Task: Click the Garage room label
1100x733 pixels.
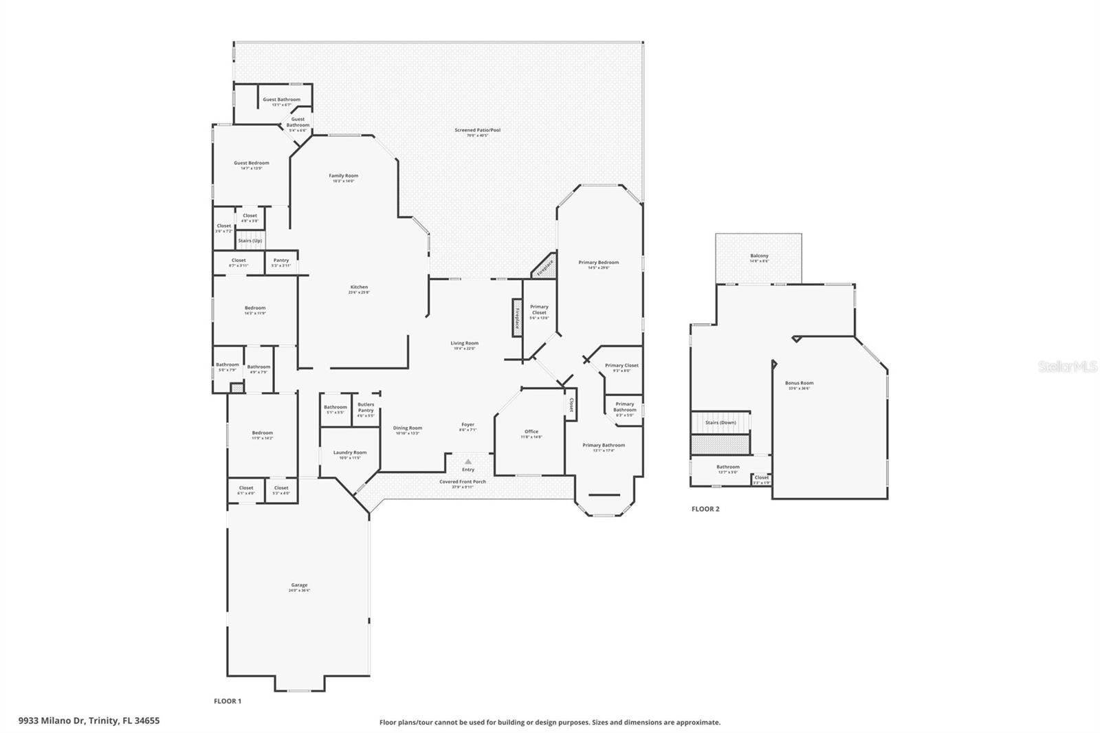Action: (x=299, y=585)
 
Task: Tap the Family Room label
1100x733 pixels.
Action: (x=343, y=176)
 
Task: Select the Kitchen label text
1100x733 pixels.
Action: (x=359, y=287)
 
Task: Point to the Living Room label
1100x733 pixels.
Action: (x=464, y=343)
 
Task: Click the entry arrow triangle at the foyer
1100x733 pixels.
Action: (x=468, y=461)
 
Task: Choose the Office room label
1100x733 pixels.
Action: (x=531, y=432)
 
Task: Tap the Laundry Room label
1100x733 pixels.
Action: (x=350, y=452)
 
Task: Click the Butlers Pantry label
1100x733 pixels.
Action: (x=366, y=407)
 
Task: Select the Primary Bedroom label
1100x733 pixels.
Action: (x=598, y=263)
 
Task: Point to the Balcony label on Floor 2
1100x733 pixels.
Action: (x=759, y=256)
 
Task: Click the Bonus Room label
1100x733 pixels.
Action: (x=799, y=383)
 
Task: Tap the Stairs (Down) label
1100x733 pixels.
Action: (x=720, y=422)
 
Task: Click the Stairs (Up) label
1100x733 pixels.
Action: (x=250, y=241)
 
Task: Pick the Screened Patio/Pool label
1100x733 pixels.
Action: (x=477, y=130)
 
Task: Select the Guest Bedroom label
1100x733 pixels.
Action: (x=251, y=164)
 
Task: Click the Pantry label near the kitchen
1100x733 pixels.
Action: (x=281, y=261)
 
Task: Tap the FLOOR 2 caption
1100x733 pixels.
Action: (x=705, y=509)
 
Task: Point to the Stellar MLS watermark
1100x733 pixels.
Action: (x=1067, y=367)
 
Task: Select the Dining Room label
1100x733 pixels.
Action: (x=408, y=428)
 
